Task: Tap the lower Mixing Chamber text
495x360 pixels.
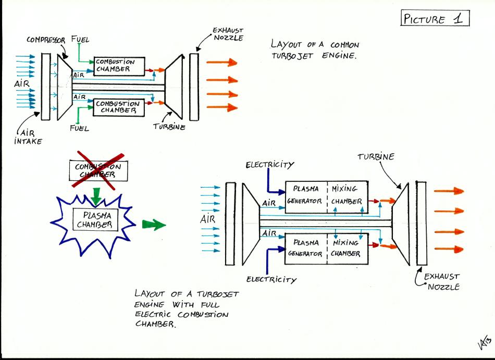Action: pyautogui.click(x=346, y=248)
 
